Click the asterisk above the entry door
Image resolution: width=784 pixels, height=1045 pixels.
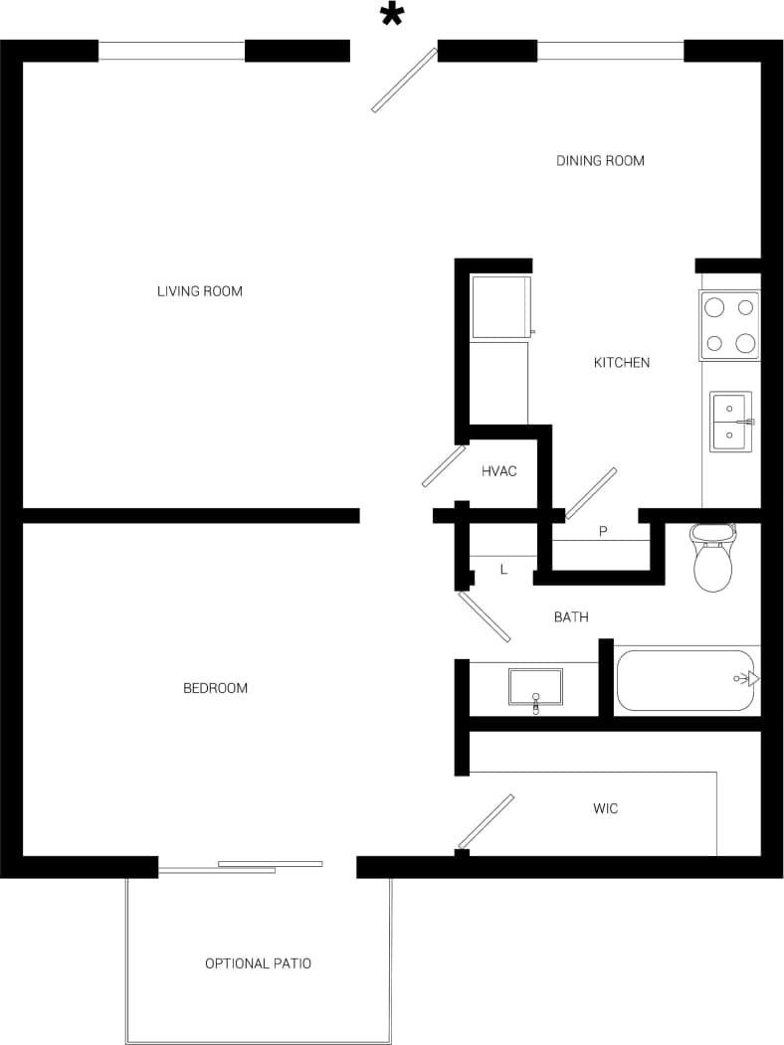click(393, 15)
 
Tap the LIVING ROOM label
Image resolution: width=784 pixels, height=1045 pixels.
click(200, 291)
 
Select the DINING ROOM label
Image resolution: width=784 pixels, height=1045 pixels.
click(600, 160)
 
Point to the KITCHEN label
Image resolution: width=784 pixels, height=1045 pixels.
click(622, 363)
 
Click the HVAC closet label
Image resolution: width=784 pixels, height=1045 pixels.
click(499, 471)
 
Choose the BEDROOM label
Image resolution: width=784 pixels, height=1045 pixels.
click(215, 688)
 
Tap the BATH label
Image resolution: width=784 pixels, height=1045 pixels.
click(571, 617)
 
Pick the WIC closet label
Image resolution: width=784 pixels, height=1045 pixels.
click(605, 808)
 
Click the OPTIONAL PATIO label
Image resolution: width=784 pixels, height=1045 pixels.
click(258, 963)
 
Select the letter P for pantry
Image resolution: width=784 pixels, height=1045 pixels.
click(603, 532)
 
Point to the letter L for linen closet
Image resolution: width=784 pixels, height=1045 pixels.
click(503, 570)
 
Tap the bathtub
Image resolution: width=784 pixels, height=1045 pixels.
click(686, 680)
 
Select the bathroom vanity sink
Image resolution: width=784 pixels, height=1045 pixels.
click(535, 687)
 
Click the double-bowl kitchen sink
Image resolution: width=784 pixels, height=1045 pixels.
click(730, 422)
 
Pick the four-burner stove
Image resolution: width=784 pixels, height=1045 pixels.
click(729, 326)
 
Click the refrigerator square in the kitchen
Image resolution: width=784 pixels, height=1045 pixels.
click(501, 307)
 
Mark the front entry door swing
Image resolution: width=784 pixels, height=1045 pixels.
click(405, 80)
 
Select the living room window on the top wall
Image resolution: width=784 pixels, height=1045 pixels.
click(171, 51)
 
